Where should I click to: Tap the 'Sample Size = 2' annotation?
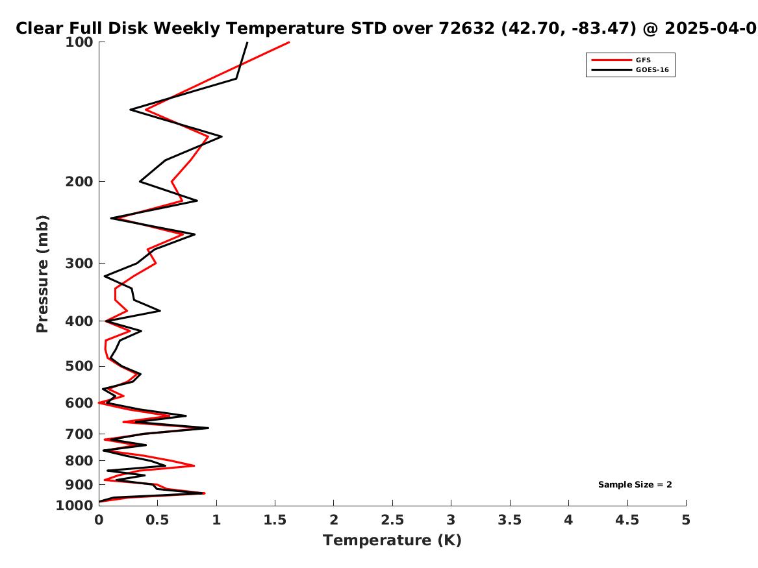coord(635,484)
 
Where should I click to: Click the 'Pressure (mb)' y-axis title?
coord(42,274)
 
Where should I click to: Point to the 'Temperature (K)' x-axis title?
coord(392,540)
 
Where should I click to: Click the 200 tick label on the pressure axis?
coord(79,182)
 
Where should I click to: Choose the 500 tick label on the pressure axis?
coord(79,366)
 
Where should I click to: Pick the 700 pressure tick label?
coord(79,434)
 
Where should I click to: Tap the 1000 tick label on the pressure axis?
coord(75,506)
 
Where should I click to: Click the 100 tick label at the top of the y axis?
coord(79,42)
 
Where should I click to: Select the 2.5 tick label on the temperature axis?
coord(392,520)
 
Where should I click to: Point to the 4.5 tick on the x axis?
coord(627,520)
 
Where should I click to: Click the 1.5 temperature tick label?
coord(275,520)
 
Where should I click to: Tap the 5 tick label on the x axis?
coord(686,520)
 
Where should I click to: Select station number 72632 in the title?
coord(467,28)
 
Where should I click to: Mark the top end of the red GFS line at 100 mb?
coord(289,42)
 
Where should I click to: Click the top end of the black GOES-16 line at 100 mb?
coord(247,42)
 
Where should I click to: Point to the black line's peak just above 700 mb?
coord(208,428)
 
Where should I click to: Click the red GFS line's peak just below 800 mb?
coord(194,465)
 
